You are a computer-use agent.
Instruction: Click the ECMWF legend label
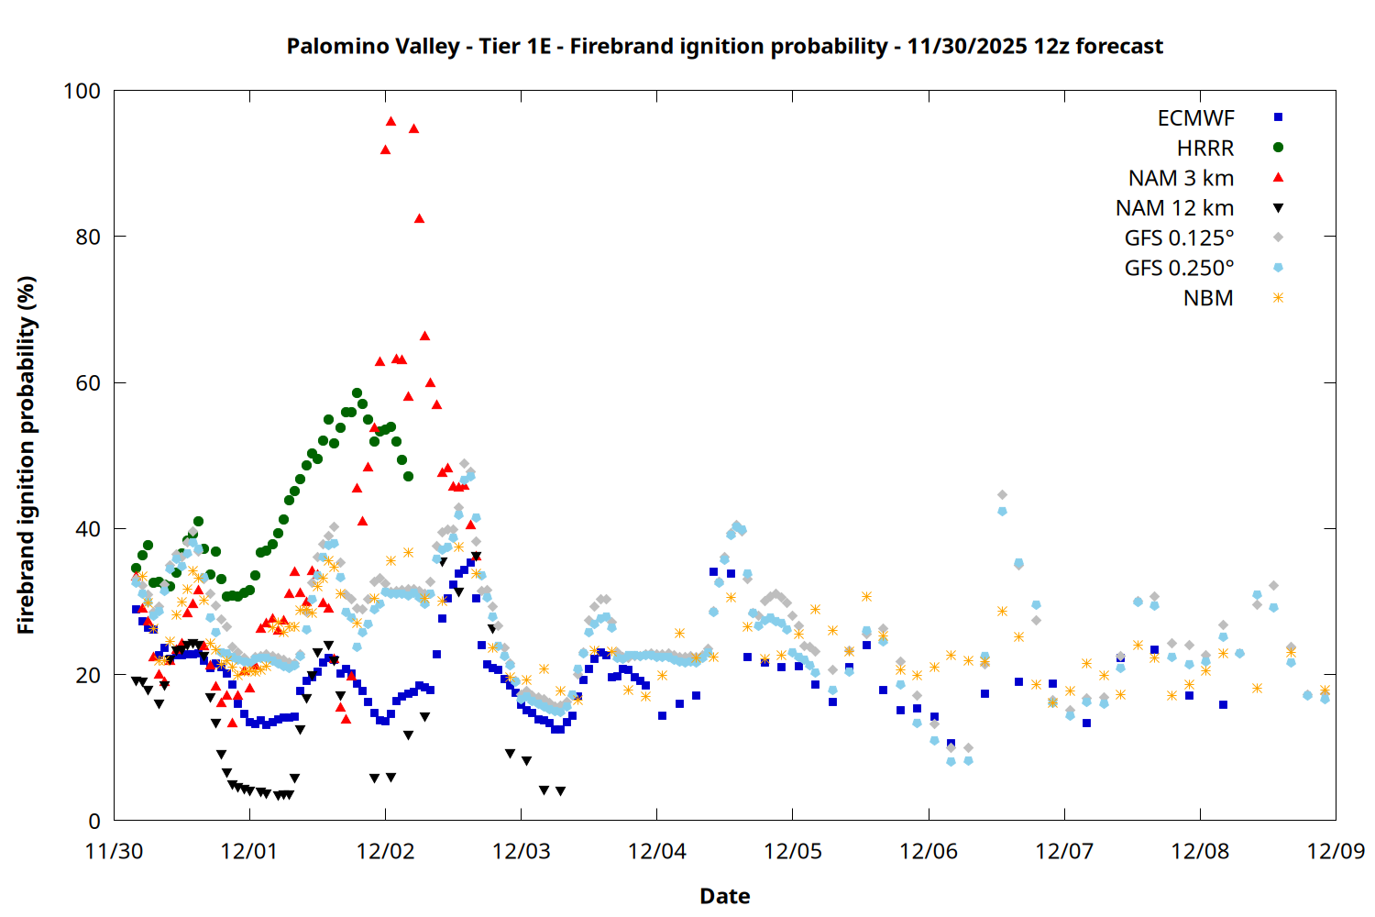point(1195,118)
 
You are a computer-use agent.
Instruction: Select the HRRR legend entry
point(1205,149)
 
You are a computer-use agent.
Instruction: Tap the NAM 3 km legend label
point(1181,178)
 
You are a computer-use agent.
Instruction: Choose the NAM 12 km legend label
point(1174,208)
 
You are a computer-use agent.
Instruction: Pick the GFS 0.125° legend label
point(1179,238)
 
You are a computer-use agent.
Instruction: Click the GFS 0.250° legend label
point(1179,269)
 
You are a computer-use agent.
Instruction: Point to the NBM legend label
point(1208,298)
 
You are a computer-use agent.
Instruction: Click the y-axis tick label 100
point(82,91)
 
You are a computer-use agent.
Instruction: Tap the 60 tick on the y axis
point(88,383)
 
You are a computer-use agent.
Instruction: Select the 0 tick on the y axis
point(94,822)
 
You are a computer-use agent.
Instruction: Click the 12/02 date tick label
point(385,851)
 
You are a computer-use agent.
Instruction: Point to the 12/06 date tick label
point(929,851)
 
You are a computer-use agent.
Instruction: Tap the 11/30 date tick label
point(114,851)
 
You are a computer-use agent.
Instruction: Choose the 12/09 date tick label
point(1336,851)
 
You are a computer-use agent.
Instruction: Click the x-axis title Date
point(724,896)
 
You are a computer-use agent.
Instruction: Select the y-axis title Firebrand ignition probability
point(26,456)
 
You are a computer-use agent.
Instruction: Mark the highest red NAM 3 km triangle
point(390,121)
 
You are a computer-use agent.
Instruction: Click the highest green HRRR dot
point(357,393)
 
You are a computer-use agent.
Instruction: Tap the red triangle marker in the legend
point(1278,178)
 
